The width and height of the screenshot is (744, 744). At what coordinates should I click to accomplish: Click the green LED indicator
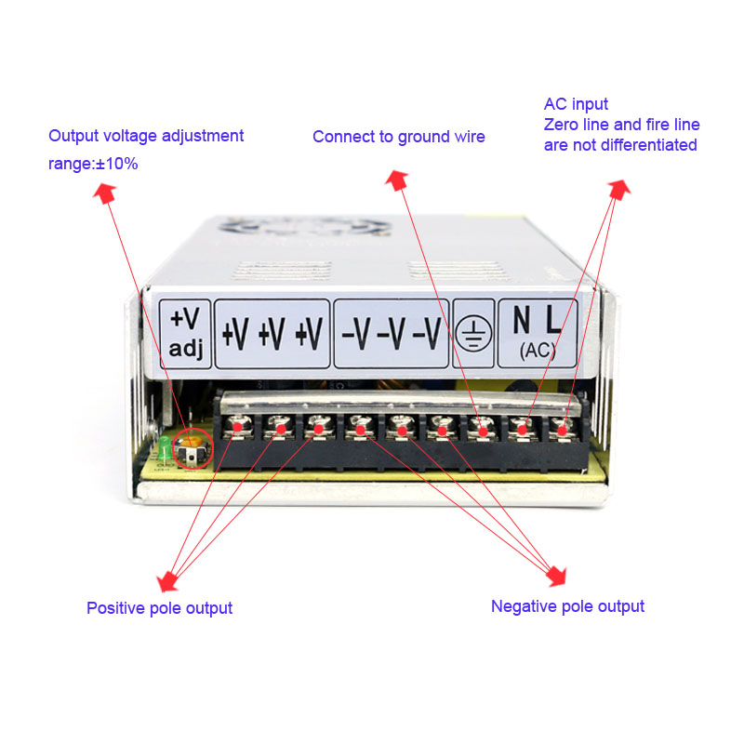(164, 449)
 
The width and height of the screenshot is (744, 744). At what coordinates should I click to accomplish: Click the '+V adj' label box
(185, 333)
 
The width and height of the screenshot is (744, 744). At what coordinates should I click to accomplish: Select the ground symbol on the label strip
(475, 333)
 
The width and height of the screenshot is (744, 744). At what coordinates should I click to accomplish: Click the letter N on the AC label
(523, 321)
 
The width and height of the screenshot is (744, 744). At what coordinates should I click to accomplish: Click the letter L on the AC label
(553, 321)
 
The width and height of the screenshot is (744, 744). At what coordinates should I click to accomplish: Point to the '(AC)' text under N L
(538, 351)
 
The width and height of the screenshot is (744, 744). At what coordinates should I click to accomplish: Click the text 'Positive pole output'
(159, 608)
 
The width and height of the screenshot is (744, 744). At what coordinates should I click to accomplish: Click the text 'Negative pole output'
(567, 606)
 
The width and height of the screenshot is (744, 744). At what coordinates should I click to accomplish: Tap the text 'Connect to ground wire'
(398, 137)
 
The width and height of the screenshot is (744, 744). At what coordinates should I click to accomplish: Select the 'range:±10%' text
(93, 164)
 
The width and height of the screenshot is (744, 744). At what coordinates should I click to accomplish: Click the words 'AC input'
(576, 104)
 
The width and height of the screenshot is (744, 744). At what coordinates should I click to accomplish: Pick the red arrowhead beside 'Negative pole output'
(555, 576)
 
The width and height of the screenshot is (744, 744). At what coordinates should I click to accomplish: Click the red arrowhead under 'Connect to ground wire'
(397, 179)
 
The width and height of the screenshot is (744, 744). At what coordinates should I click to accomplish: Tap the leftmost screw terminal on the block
(238, 427)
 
